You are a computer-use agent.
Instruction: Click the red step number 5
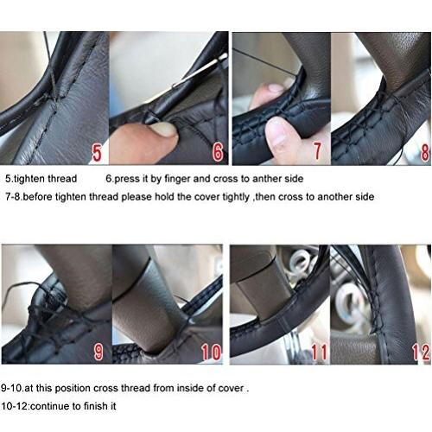[x=97, y=153]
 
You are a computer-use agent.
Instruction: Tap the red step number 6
[x=218, y=152]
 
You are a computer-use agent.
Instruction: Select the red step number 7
[x=317, y=150]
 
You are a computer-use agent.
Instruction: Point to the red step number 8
[x=425, y=152]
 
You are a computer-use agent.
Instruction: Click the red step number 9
[x=98, y=352]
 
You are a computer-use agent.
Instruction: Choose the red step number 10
[x=211, y=352]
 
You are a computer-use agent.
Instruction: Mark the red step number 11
[x=320, y=352]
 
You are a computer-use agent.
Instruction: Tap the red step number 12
[x=421, y=352]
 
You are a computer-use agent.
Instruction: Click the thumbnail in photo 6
[x=163, y=129]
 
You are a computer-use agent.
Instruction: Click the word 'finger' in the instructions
[x=176, y=179]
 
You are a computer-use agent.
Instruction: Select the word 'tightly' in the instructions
[x=234, y=197]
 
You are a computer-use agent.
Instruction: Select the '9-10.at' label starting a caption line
[x=17, y=388]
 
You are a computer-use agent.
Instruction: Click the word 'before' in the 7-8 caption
[x=38, y=197]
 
